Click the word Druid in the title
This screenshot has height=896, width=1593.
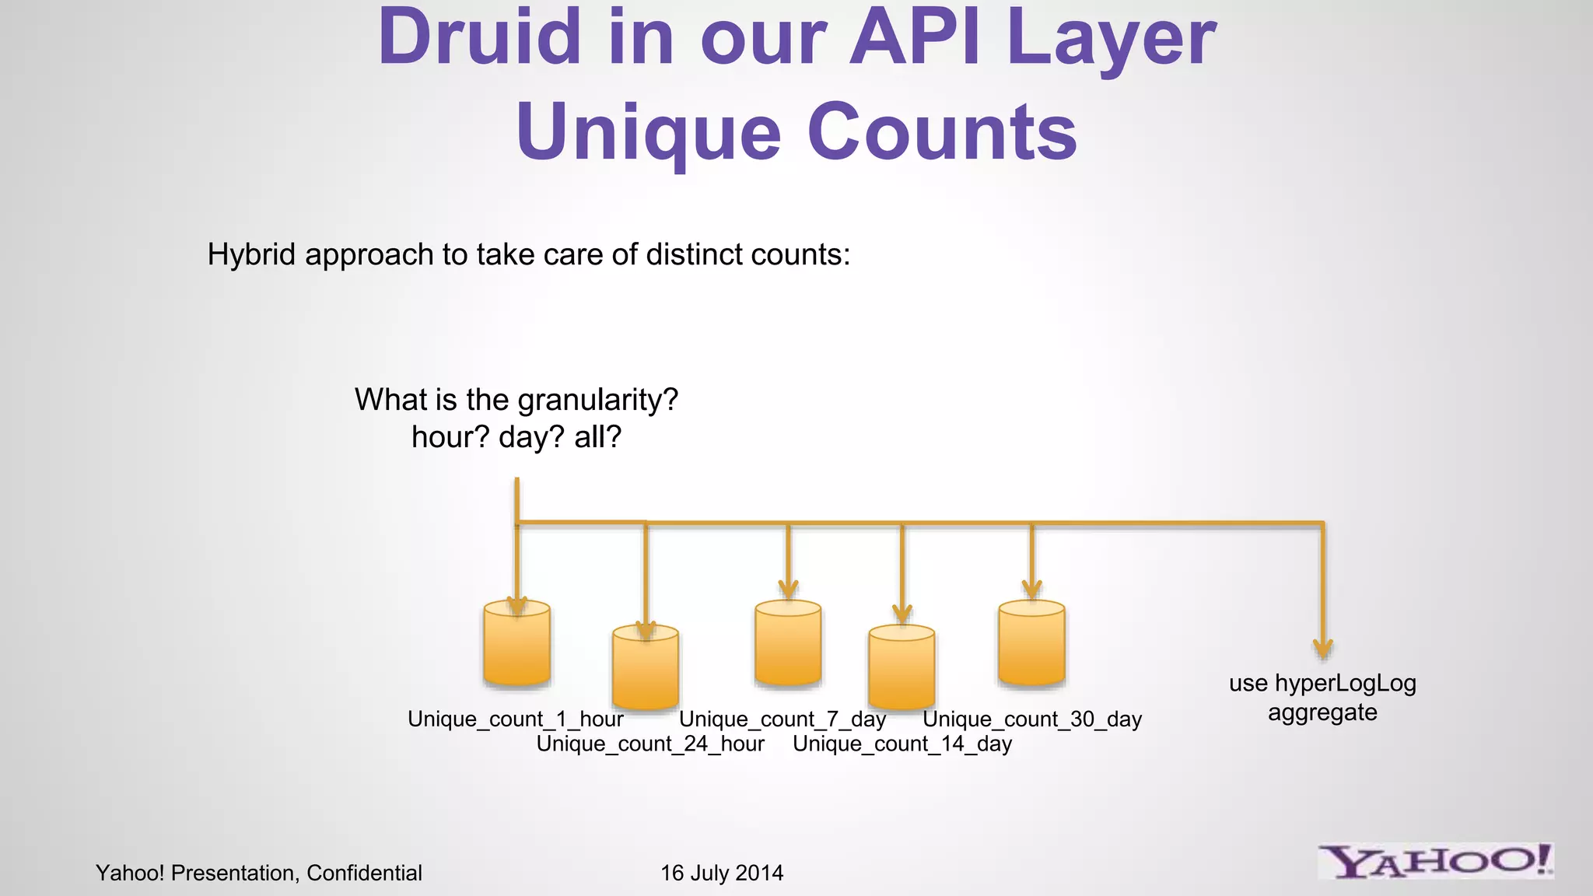[479, 37]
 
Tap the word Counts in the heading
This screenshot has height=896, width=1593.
[942, 132]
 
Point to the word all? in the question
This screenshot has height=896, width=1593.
[598, 437]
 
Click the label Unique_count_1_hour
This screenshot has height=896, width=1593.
[515, 719]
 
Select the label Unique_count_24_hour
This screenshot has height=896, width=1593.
[650, 744]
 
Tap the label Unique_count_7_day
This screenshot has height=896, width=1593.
[782, 719]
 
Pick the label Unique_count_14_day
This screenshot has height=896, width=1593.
[902, 744]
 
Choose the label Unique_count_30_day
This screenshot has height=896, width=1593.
[1031, 719]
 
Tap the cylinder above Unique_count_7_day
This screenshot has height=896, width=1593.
[788, 644]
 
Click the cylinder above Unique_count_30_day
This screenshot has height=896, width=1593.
[1031, 644]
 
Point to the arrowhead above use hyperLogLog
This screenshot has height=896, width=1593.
[1322, 649]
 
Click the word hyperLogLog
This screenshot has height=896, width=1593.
[1345, 684]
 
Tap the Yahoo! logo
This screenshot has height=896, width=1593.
[1435, 862]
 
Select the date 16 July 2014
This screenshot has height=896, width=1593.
[722, 873]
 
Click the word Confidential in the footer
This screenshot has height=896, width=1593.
[364, 873]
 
